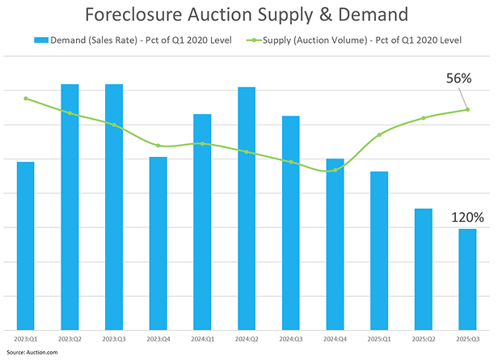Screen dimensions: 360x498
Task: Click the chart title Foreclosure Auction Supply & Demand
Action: coord(248,15)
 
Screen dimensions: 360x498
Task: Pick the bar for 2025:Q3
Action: coord(467,279)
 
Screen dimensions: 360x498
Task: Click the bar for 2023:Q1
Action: coord(26,246)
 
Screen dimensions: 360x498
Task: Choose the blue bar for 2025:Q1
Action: coord(379,251)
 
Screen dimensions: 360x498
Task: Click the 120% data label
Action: coord(467,217)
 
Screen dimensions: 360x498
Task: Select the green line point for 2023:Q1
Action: coord(26,99)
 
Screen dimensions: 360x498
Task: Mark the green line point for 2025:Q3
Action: coord(467,110)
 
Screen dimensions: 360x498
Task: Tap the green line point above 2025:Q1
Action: coord(379,134)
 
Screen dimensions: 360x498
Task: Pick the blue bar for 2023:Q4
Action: coord(158,243)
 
